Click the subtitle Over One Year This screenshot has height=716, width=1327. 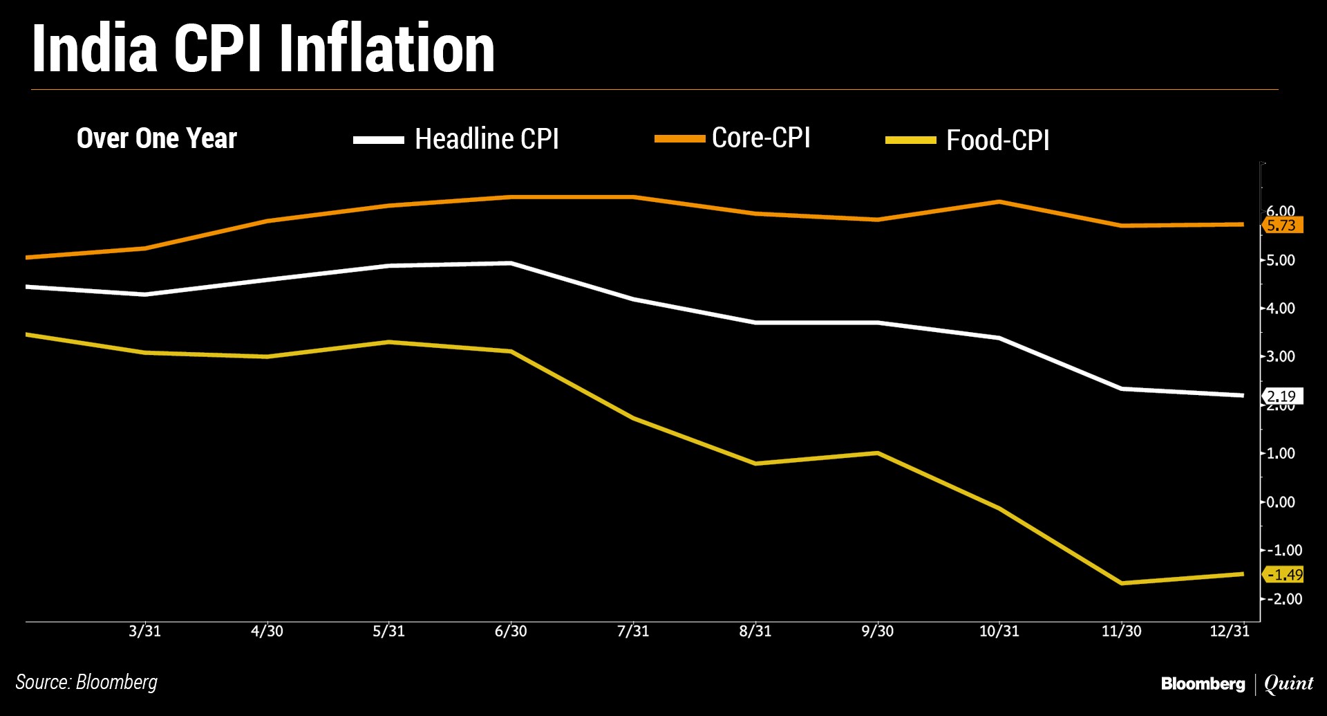click(157, 138)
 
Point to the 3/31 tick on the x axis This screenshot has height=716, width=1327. click(144, 631)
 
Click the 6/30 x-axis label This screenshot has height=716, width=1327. click(511, 631)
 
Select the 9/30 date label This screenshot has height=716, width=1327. click(877, 631)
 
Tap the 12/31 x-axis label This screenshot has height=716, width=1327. click(1230, 631)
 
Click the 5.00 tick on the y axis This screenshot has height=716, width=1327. click(1280, 261)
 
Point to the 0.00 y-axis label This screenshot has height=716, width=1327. click(1280, 502)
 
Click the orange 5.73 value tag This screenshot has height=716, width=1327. click(1282, 226)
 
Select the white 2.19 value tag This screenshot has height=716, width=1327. click(1282, 396)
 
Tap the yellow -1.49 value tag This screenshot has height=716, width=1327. click(1283, 575)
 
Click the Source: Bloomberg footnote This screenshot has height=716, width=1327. click(86, 682)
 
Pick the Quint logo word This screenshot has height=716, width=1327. click(1288, 683)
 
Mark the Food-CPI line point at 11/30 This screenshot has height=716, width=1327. click(1121, 583)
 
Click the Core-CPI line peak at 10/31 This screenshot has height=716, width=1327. click(999, 202)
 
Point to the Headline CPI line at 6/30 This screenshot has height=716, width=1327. click(511, 264)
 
